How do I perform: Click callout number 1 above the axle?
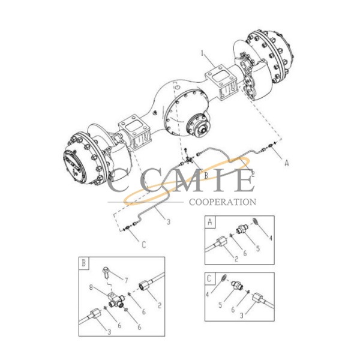coord(205,53)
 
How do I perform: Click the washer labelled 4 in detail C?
coord(222,280)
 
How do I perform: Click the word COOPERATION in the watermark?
coord(222,202)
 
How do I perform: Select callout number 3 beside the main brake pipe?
coord(169,222)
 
